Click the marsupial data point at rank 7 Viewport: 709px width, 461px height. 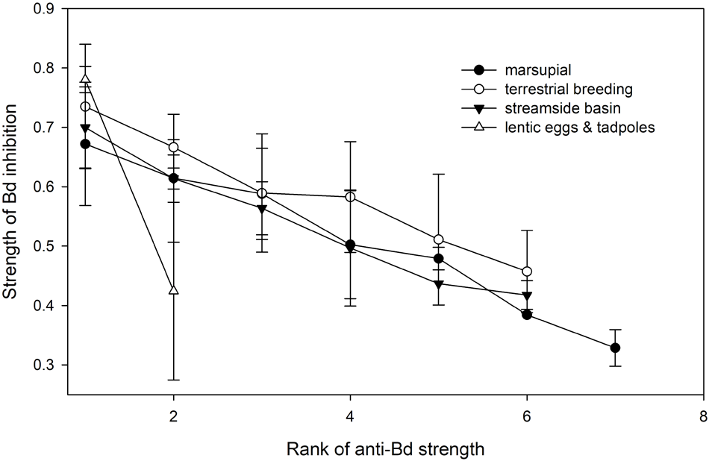(x=615, y=348)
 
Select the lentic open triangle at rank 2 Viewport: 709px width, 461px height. (x=174, y=289)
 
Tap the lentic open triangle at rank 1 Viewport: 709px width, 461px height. (x=85, y=78)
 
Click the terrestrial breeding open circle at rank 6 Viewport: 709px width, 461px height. (x=527, y=272)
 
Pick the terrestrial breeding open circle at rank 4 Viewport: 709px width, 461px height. (x=351, y=197)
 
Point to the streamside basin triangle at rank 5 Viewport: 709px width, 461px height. (x=439, y=284)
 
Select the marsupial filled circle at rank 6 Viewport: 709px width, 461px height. (x=527, y=315)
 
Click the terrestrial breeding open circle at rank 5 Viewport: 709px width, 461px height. (x=439, y=239)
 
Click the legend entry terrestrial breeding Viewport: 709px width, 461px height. (x=555, y=90)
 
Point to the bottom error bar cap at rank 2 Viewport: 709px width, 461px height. (x=174, y=380)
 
